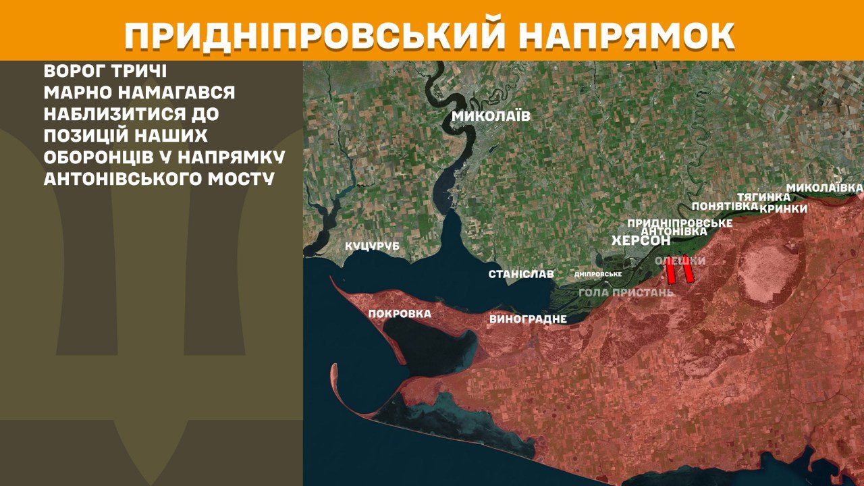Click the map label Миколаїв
tap(491, 116)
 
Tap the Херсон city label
tap(641, 240)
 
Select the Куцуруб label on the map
tap(373, 246)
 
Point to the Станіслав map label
tap(521, 274)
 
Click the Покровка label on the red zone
tap(400, 313)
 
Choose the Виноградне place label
tap(528, 319)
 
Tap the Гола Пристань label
tap(626, 292)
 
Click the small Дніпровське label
tap(597, 275)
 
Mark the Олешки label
tap(680, 261)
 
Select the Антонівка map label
tap(674, 231)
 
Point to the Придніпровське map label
tap(680, 222)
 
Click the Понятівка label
tap(726, 205)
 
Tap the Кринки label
tap(783, 209)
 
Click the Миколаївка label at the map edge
tap(825, 186)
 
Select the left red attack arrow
tap(671, 272)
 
